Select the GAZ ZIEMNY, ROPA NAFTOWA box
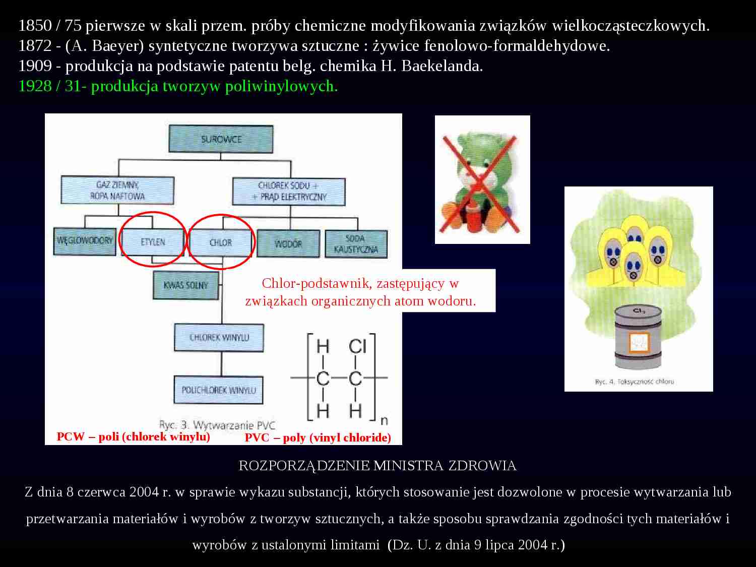pos(117,191)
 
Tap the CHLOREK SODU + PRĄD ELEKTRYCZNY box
pos(289,192)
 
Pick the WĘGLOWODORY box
pos(85,241)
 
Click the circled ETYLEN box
pos(153,242)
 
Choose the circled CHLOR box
pos(221,242)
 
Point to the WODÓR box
pos(288,244)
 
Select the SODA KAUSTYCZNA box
pos(356,244)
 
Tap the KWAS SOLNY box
pos(185,285)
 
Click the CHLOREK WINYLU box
pos(219,337)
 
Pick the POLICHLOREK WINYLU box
pos(219,390)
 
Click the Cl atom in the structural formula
pos(357,347)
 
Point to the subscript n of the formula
pos(384,420)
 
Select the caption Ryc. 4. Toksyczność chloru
pos(634,382)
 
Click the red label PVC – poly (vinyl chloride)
pos(318,437)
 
